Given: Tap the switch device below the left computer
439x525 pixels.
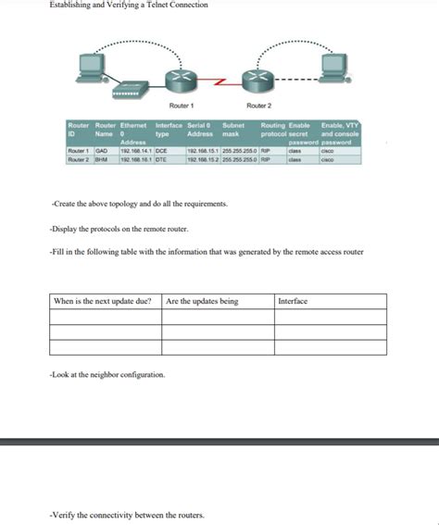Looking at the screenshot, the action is (x=122, y=94).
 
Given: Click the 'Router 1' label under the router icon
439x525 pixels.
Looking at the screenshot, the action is (x=182, y=106).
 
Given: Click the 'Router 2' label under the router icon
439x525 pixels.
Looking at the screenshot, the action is (x=258, y=106).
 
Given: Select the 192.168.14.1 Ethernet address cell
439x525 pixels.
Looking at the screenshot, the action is (x=135, y=149).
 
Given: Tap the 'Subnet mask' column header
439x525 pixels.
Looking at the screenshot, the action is (x=232, y=130).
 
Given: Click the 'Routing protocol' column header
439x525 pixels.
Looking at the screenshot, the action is (x=273, y=130).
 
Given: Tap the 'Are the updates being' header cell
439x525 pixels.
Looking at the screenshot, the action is (x=202, y=301).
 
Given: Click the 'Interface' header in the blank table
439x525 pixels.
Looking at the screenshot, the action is (x=293, y=301).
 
